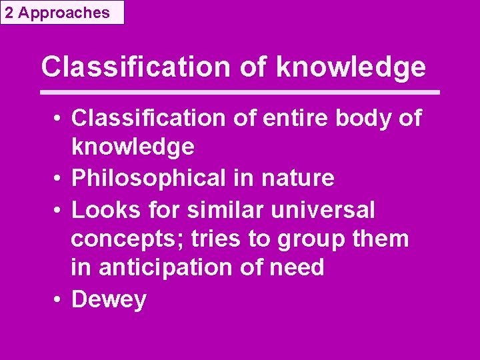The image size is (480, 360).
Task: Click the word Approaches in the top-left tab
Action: click(x=64, y=12)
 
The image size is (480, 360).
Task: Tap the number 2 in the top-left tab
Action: click(x=9, y=12)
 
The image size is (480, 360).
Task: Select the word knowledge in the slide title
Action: click(x=350, y=67)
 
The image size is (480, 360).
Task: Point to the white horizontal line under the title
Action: click(x=240, y=91)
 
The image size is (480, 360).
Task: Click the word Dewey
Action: click(x=109, y=299)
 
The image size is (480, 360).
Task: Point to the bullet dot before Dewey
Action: click(x=59, y=299)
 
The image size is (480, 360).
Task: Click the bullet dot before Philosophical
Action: click(x=59, y=179)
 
